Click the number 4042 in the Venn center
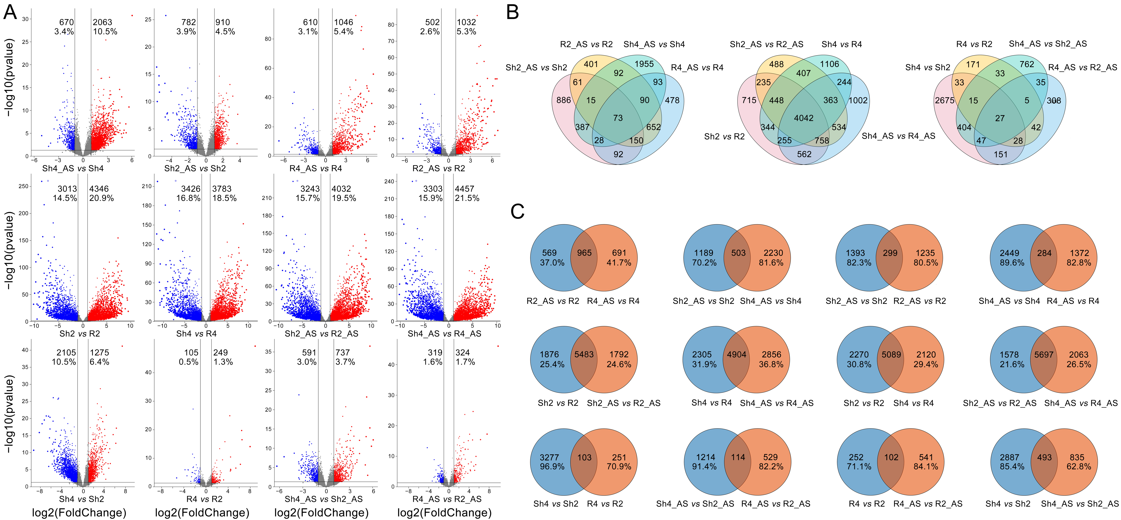point(803,118)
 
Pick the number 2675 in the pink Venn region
point(944,100)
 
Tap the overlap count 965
point(584,253)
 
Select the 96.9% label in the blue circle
point(552,467)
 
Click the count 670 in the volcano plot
point(67,22)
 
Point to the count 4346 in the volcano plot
point(99,189)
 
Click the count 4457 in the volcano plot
point(464,189)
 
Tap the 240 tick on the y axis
point(389,181)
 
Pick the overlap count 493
point(1044,457)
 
